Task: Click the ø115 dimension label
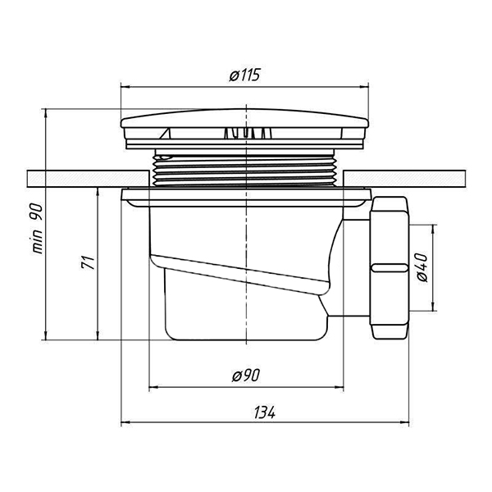click(x=244, y=75)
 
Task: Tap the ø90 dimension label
click(x=246, y=375)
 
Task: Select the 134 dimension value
click(x=265, y=412)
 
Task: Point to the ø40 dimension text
click(x=421, y=267)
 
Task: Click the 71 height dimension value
click(x=89, y=262)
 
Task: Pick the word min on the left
click(x=37, y=241)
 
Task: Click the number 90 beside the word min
click(x=36, y=212)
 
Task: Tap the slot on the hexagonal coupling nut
click(x=389, y=267)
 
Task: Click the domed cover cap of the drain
click(x=244, y=119)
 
